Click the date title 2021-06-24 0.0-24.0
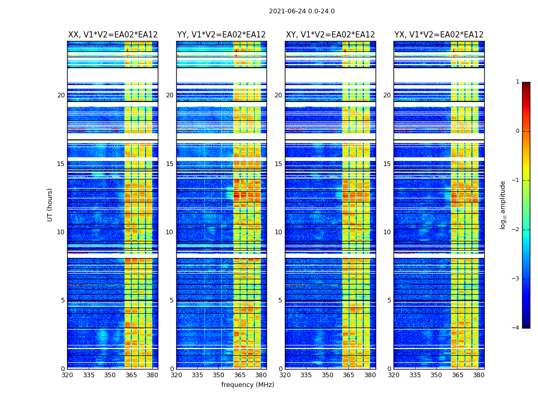301,11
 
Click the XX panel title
113,35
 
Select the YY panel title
221,35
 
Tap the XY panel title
330,35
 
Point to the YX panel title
439,35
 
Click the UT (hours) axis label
50,204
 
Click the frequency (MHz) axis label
247,385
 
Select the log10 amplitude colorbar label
503,204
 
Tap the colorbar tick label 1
518,82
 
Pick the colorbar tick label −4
516,328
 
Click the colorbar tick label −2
516,230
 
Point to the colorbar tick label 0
518,131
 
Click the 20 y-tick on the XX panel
61,95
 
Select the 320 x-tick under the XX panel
67,375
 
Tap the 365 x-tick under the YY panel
240,375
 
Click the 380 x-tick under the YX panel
479,375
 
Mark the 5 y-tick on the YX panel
389,300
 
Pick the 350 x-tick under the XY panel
327,375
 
